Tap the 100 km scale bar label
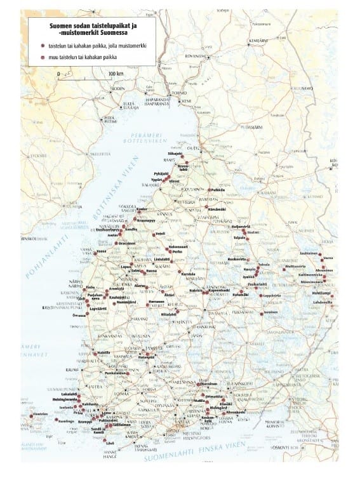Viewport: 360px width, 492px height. pos(116,74)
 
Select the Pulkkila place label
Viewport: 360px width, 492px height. pos(218,189)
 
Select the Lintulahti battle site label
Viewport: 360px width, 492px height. pos(164,258)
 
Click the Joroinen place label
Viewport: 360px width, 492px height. pos(271,312)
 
